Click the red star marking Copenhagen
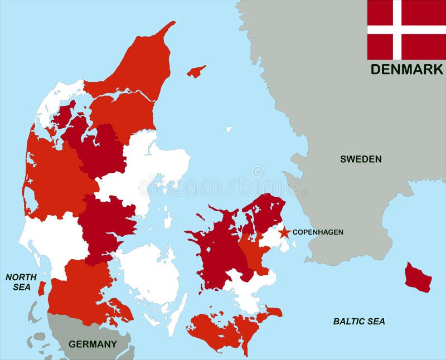click(x=284, y=231)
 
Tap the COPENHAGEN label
click(x=318, y=232)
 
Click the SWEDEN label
click(x=361, y=159)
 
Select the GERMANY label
click(x=93, y=344)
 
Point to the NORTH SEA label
click(x=21, y=282)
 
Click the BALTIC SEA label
click(x=359, y=322)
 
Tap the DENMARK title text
click(x=406, y=70)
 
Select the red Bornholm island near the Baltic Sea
click(x=418, y=278)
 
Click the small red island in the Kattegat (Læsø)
click(x=196, y=71)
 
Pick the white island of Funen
click(x=149, y=273)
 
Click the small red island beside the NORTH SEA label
click(x=41, y=288)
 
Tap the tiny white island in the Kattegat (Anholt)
click(x=229, y=129)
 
